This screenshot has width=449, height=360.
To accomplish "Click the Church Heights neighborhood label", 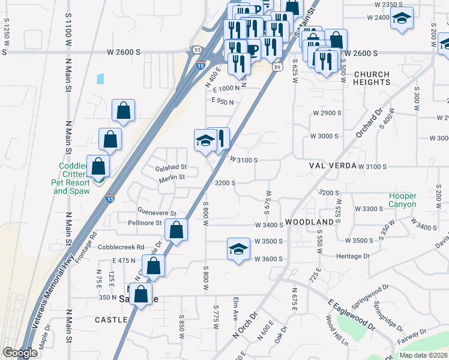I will coord(371,79).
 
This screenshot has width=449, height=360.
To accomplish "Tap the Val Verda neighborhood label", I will coord(333,165).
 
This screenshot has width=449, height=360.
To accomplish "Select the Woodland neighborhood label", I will coord(309,222).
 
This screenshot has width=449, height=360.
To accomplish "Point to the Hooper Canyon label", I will coord(402,200).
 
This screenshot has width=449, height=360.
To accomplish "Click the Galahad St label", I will coord(172,167).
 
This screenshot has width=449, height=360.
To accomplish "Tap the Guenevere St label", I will coord(157,213).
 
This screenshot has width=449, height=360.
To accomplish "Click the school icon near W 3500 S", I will coord(238,249).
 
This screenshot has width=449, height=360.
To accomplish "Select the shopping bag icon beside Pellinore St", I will coord(176,230).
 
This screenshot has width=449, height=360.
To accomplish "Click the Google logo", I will coord(20,353).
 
